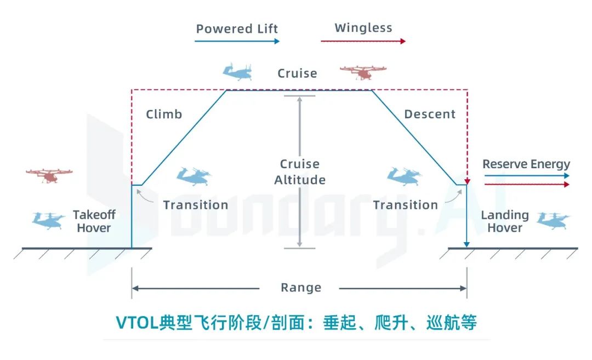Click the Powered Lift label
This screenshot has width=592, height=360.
tap(237, 28)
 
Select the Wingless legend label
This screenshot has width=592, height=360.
tap(363, 27)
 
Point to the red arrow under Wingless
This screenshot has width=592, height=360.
tap(363, 41)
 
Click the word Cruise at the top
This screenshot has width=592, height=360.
tap(297, 73)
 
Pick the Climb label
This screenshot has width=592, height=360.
tap(164, 114)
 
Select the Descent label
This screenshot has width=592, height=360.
tap(430, 114)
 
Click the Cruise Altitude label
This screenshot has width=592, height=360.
tap(300, 172)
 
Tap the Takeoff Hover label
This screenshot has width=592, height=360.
tap(94, 221)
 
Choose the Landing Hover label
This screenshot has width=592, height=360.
tap(504, 221)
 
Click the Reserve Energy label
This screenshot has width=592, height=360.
tap(526, 164)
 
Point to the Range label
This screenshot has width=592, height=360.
tap(301, 288)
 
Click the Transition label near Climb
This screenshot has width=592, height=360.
tap(195, 205)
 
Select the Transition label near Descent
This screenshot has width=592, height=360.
tap(405, 205)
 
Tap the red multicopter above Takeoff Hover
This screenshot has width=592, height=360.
tap(49, 175)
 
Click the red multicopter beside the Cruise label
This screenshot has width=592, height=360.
tap(363, 73)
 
